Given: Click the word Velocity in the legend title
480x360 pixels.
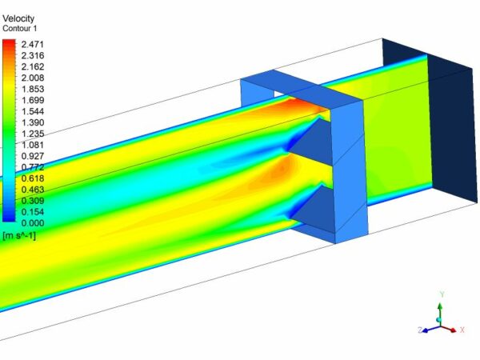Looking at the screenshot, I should point(19,18).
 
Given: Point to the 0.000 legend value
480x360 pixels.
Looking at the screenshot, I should point(36,223).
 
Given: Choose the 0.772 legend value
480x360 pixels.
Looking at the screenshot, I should point(36,166).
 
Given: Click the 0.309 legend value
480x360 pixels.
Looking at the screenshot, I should point(36,200).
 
